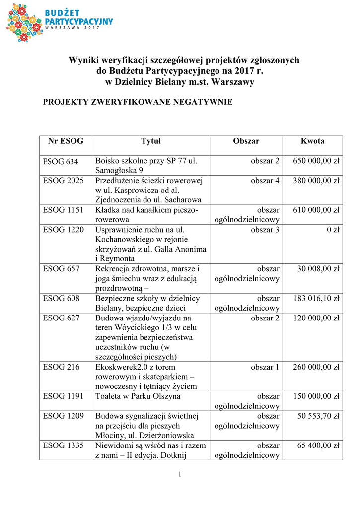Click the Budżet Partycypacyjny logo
[x=59, y=21]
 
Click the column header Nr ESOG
[x=66, y=141]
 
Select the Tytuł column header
[x=151, y=141]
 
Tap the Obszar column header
[x=246, y=141]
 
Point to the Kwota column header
[x=312, y=141]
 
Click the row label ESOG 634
[x=61, y=161]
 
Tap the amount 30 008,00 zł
[x=318, y=269]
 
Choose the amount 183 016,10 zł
[x=316, y=298]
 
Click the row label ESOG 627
[x=61, y=318]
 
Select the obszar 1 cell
[x=265, y=367]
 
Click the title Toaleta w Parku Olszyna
[x=138, y=396]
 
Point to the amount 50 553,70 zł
[x=318, y=416]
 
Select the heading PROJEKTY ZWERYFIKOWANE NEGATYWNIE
[x=138, y=102]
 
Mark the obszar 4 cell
[x=265, y=181]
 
